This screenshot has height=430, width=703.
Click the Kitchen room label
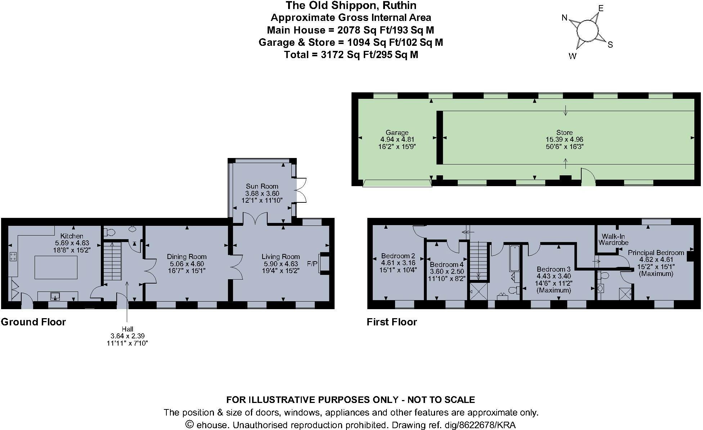(x=72, y=236)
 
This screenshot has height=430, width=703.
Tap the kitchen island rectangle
(x=56, y=267)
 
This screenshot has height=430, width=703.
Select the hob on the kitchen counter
(x=13, y=256)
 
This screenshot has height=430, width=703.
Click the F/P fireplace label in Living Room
(x=312, y=264)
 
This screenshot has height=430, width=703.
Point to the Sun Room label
(x=262, y=186)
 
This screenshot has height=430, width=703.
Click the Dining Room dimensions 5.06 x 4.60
(x=187, y=264)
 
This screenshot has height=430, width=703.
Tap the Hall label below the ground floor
(x=127, y=329)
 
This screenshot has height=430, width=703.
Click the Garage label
(x=397, y=132)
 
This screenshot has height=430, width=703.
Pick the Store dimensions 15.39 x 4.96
(x=564, y=139)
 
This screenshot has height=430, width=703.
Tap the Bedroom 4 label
(x=447, y=264)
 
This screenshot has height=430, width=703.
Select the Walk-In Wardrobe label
(x=613, y=240)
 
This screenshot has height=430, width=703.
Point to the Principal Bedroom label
(x=656, y=253)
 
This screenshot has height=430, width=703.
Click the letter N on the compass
(x=565, y=18)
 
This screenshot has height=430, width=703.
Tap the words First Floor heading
(x=392, y=322)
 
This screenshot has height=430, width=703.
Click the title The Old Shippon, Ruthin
(x=351, y=5)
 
